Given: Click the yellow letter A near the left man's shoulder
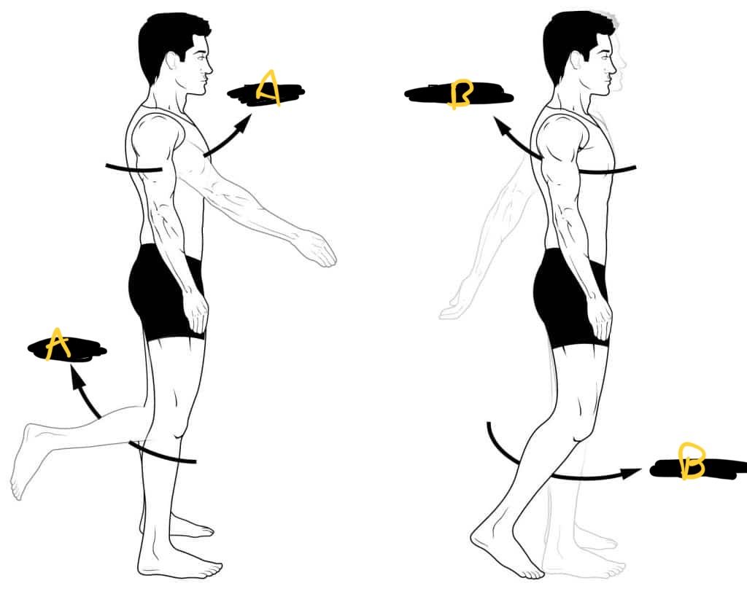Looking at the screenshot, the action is pos(268,88).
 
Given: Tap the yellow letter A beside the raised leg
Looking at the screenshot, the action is pos(58,343).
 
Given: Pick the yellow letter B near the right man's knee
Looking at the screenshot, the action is pos(692,461).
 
